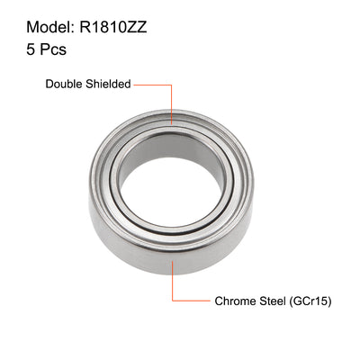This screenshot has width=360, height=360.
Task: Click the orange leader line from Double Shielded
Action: (x=153, y=84)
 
